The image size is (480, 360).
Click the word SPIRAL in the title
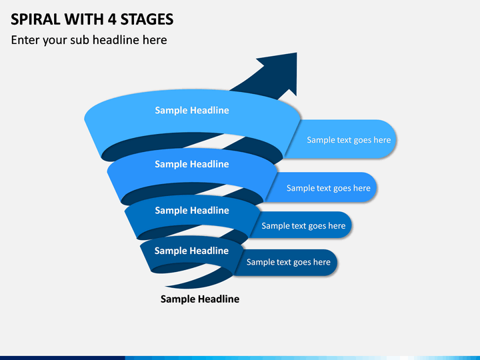tap(35, 19)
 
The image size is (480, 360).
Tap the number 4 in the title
tap(112, 19)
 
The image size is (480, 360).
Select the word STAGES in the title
tap(147, 19)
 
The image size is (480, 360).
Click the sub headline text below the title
tap(89, 40)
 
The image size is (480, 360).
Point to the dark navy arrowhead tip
tap(296, 53)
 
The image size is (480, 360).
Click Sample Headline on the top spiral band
tap(192, 110)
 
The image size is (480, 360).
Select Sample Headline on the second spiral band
tap(192, 164)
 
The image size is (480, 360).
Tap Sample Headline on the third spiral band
tap(192, 210)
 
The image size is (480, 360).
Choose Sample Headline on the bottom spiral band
tap(191, 251)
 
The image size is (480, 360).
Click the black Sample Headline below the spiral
tap(200, 299)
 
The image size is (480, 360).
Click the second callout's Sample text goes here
tap(329, 188)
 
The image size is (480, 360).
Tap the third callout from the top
tap(301, 225)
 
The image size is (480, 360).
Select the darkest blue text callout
tap(286, 263)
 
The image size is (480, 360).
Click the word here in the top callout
tap(382, 140)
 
